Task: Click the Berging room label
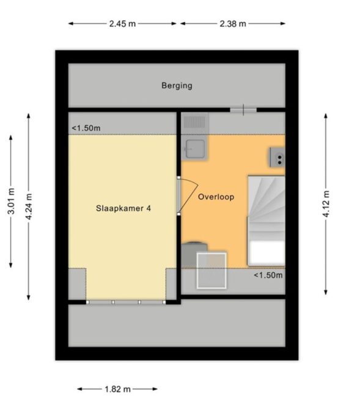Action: coord(177,85)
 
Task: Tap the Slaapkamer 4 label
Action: coord(123,208)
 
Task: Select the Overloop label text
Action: coord(216,197)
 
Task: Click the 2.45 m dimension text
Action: coord(122,24)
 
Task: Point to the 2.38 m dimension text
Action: coord(233,24)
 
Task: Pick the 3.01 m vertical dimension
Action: coord(11,201)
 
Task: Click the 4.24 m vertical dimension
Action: coord(29,206)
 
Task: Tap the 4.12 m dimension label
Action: coord(326,204)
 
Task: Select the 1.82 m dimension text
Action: coord(117,390)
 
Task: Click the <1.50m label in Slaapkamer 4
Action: coord(86,128)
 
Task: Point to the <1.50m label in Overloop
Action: coord(268,275)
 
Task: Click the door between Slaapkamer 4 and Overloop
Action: coord(188,195)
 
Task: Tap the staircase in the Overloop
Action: coord(266,220)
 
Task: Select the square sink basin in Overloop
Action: coord(195,148)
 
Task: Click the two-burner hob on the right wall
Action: coord(277,158)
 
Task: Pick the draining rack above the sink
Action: coord(194,122)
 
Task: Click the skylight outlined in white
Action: coord(211,270)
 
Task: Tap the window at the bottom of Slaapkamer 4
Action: coord(126,302)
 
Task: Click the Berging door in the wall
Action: coord(243,110)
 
